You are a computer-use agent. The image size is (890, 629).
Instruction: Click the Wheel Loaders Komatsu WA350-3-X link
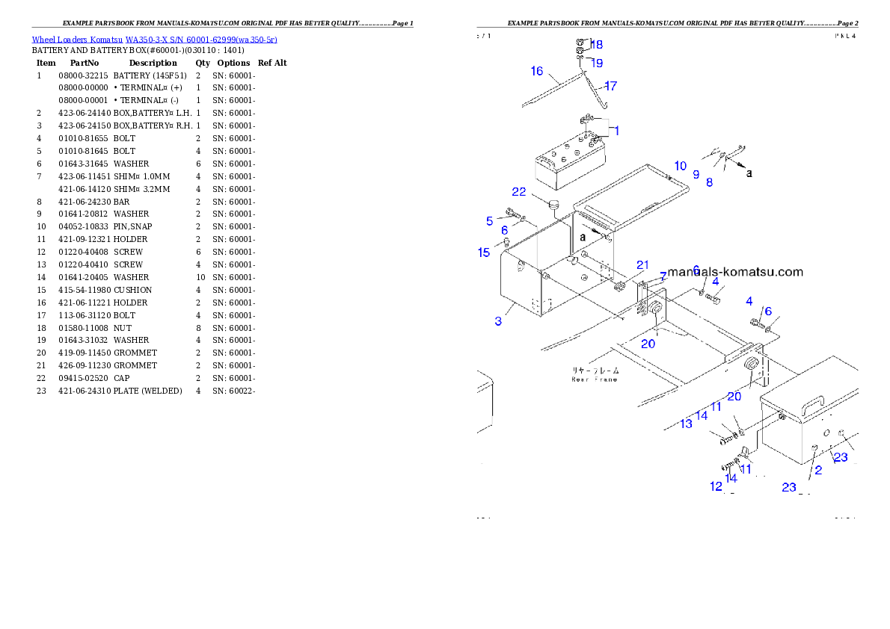(x=154, y=40)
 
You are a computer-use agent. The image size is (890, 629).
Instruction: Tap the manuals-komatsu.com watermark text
(x=735, y=272)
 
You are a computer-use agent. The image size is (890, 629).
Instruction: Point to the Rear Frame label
(x=595, y=374)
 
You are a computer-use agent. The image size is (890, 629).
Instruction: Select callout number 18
(x=596, y=44)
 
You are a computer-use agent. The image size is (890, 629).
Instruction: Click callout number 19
(x=596, y=63)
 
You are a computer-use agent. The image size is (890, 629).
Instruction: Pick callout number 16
(x=537, y=71)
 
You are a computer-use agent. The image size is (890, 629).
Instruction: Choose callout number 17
(x=610, y=86)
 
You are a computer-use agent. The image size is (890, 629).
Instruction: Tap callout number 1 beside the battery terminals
(x=616, y=130)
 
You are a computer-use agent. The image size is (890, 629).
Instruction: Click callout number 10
(x=679, y=166)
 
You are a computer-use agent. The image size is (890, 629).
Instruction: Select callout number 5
(x=490, y=220)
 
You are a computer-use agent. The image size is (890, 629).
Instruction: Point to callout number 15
(x=484, y=252)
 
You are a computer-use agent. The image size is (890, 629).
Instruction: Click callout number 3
(x=498, y=321)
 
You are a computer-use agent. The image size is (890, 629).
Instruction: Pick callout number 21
(x=643, y=265)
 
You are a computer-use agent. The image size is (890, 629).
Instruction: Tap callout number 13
(x=686, y=424)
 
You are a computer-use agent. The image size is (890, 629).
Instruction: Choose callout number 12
(x=716, y=486)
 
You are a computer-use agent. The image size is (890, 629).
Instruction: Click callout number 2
(x=818, y=470)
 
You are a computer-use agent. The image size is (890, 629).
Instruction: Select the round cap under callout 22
(x=555, y=205)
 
